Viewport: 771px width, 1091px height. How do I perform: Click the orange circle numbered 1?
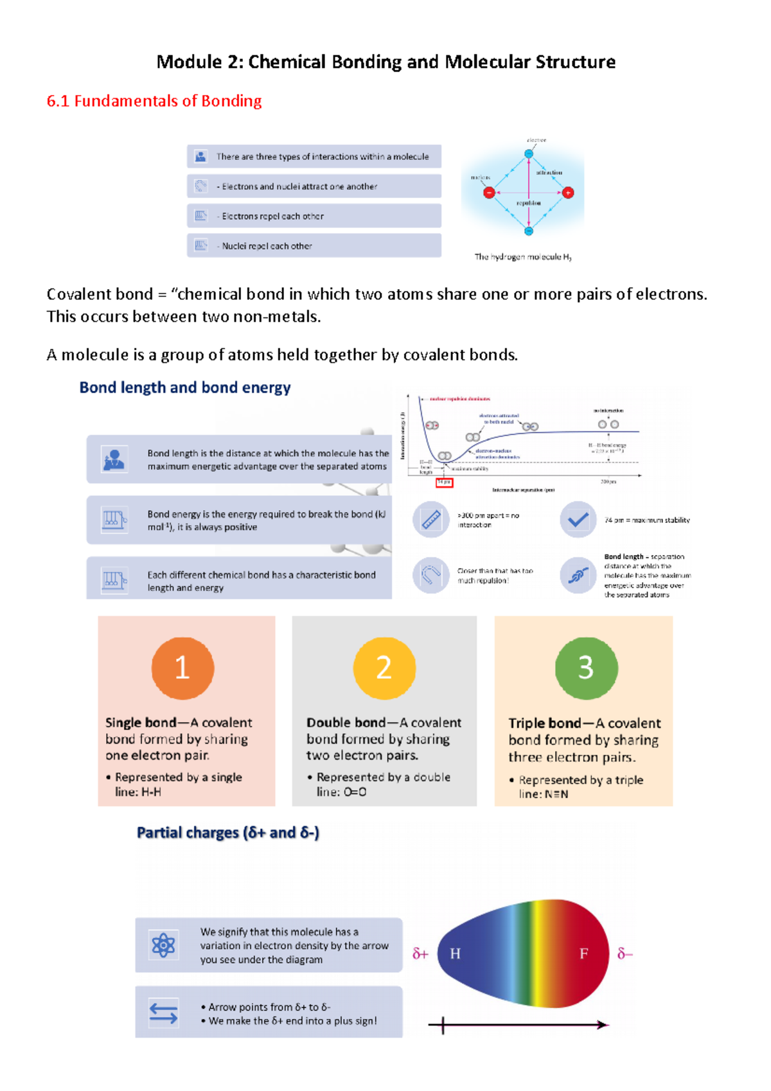182,668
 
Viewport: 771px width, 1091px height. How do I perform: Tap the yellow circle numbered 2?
384,668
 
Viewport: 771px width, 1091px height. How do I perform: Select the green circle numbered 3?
586,668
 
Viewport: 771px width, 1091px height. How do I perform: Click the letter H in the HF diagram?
455,954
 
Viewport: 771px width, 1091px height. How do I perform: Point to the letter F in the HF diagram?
583,954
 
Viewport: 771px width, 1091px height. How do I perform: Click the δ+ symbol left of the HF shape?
420,954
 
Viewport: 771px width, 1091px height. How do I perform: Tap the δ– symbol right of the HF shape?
625,954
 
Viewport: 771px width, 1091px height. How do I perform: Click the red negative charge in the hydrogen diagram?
489,192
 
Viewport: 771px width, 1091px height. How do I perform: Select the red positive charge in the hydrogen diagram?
568,192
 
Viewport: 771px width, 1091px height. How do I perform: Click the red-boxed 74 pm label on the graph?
444,482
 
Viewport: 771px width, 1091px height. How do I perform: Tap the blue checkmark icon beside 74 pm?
578,519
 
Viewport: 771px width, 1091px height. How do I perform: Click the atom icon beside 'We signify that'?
163,945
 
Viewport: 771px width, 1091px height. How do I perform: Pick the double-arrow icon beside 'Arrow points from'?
163,1013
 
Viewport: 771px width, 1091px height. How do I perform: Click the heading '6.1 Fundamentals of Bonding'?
154,101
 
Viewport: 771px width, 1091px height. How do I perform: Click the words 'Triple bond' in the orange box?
544,723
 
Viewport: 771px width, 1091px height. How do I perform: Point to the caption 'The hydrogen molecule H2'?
523,257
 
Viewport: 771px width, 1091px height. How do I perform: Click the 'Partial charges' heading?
228,833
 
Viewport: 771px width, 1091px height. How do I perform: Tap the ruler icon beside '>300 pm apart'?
430,519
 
